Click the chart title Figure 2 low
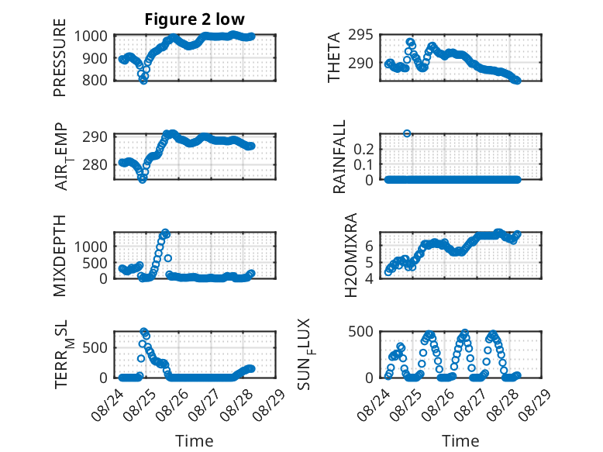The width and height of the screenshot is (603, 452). (195, 19)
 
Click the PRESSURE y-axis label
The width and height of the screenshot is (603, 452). (60, 57)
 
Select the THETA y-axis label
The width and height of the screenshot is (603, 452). (334, 57)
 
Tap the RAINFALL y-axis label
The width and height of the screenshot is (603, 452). (339, 157)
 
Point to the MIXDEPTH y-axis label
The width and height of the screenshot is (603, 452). (60, 256)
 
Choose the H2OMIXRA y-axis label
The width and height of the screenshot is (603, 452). (351, 255)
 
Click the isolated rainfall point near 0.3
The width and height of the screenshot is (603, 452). (407, 133)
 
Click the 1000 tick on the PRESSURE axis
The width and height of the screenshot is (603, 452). (91, 36)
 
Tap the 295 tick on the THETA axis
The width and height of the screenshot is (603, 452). (360, 35)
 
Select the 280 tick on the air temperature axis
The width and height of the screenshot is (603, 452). (95, 164)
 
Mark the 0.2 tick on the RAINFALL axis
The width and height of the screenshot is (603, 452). (364, 149)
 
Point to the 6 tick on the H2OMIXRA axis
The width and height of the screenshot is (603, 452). (370, 246)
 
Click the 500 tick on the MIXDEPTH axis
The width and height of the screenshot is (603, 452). (95, 263)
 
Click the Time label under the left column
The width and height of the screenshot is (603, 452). (195, 441)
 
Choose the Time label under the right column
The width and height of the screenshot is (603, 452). (460, 441)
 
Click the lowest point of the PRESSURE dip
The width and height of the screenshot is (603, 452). (143, 81)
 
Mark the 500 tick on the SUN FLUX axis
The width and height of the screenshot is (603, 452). (360, 332)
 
